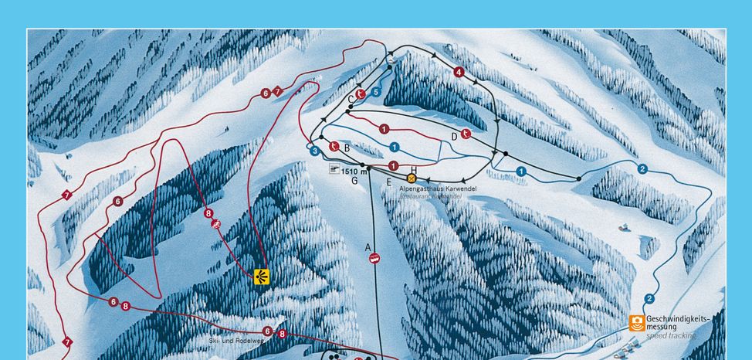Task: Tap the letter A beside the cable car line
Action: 368,247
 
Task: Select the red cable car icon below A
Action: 374,259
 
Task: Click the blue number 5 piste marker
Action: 375,92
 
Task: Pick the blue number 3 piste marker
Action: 315,151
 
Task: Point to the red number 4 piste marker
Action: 459,72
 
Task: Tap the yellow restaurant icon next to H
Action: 412,179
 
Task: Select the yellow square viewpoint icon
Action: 262,277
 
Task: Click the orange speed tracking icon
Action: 636,323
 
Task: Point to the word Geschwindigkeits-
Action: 678,318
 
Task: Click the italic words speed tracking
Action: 670,336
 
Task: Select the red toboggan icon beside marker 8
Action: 218,224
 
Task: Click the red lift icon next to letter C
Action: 361,95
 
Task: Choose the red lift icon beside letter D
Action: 466,134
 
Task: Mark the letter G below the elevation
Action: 354,181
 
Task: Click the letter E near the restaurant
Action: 389,182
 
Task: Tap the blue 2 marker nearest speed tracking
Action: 649,299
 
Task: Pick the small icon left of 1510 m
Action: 334,170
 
